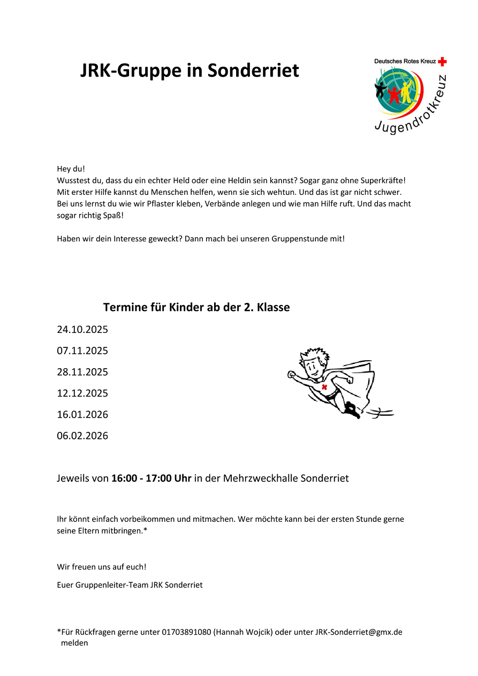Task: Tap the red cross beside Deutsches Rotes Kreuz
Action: pos(442,62)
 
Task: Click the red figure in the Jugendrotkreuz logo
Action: pos(394,94)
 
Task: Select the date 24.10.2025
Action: pos(82,330)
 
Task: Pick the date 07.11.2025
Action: pos(82,351)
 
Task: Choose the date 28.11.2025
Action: pos(82,372)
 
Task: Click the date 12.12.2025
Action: pos(82,393)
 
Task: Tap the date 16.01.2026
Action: pos(82,415)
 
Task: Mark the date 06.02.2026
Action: pos(82,436)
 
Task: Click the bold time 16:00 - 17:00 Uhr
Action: pos(151,478)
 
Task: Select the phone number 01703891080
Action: pos(186,632)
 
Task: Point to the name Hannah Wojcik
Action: pos(243,632)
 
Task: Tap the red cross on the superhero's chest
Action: pos(324,387)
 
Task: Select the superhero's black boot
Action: pos(352,410)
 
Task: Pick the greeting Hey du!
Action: pos(71,169)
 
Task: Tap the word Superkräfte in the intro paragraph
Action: pos(383,181)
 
